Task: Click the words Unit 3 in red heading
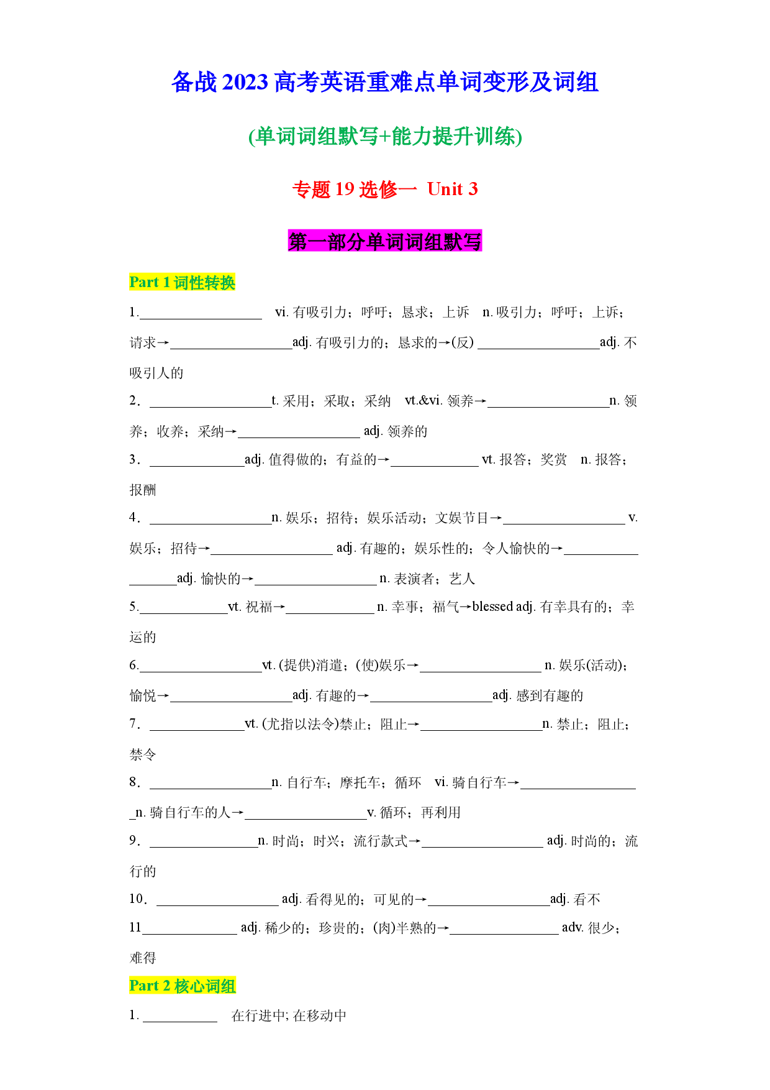[x=453, y=189]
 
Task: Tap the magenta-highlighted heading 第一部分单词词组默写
[x=385, y=241]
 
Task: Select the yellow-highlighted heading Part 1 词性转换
[x=183, y=282]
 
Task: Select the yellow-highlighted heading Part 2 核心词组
[x=183, y=986]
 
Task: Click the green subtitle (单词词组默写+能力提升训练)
[x=385, y=136]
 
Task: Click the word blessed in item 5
[x=492, y=607]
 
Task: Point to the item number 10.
[x=137, y=899]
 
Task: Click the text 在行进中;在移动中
[x=289, y=1015]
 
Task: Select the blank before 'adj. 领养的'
[x=299, y=437]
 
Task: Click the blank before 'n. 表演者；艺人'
[x=315, y=585]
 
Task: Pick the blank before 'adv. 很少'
[x=504, y=934]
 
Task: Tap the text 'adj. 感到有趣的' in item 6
[x=538, y=695]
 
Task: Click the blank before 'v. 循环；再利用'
[x=306, y=818]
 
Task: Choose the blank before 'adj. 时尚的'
[x=482, y=847]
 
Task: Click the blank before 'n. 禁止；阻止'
[x=481, y=730]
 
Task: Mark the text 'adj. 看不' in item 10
[x=575, y=899]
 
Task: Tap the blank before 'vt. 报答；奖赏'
[x=435, y=465]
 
